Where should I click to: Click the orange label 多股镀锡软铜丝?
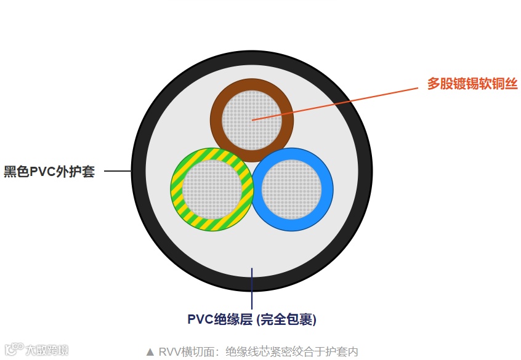[472, 84]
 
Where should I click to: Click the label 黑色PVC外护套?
[50, 172]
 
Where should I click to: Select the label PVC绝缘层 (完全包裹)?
[252, 319]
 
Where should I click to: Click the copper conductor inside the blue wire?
[292, 188]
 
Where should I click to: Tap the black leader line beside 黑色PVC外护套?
[117, 170]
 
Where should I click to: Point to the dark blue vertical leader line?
[252, 289]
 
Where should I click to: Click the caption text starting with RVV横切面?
[258, 352]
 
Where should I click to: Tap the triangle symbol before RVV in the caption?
[150, 352]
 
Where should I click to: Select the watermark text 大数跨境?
[47, 350]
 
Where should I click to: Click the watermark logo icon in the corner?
[14, 348]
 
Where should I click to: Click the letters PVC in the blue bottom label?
[200, 319]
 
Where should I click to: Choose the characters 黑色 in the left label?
[17, 172]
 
